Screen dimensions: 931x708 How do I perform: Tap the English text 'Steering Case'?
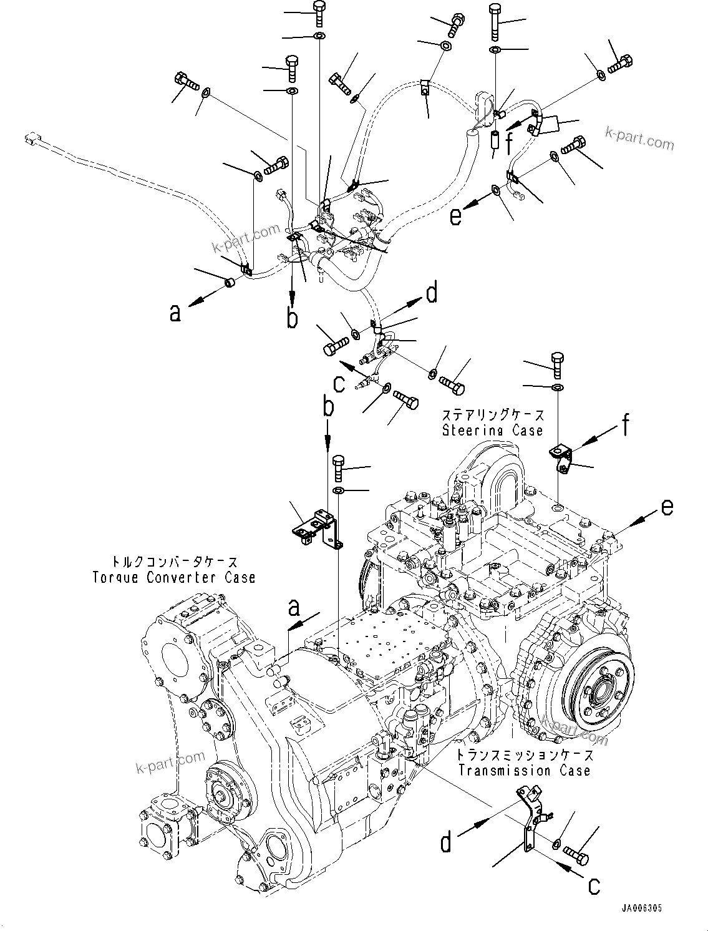[492, 430]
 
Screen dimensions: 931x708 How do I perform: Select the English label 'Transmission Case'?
[523, 771]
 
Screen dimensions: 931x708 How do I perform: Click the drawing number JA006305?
[642, 910]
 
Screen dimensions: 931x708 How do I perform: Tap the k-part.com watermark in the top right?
[639, 139]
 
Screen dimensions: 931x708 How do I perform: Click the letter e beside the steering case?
[666, 508]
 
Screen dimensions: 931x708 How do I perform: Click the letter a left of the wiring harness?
[175, 312]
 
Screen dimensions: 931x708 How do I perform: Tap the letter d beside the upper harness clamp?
[432, 292]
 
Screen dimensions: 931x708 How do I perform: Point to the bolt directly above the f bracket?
[557, 364]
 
